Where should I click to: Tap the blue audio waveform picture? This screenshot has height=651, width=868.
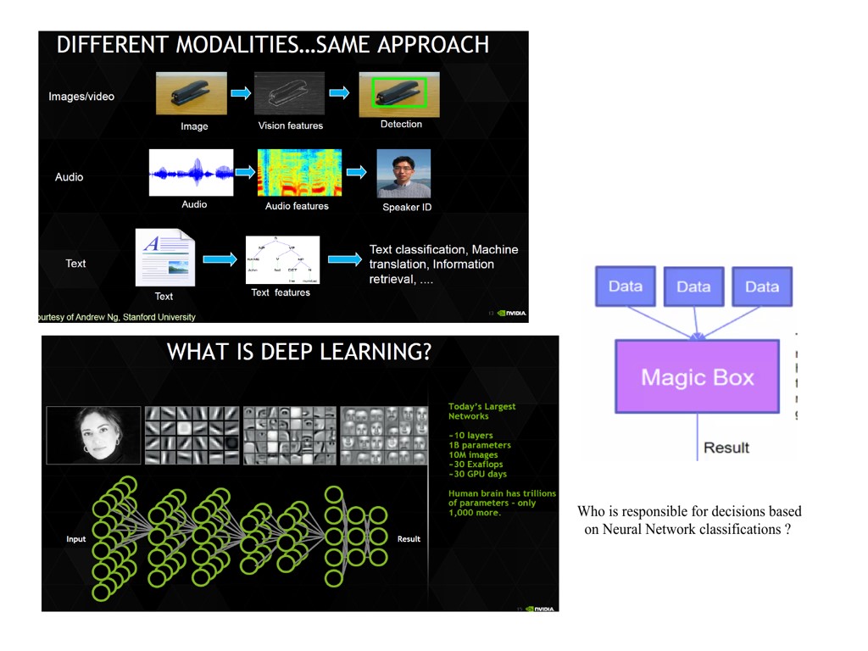(x=192, y=173)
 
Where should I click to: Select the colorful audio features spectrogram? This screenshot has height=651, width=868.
(x=299, y=173)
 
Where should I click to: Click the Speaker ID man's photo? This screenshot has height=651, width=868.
(x=403, y=174)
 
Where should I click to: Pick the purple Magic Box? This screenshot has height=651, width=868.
(x=697, y=376)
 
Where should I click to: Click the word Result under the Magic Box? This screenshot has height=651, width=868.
(x=726, y=448)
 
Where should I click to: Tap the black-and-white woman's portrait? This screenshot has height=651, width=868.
(x=93, y=435)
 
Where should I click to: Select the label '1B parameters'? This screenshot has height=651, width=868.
(x=480, y=445)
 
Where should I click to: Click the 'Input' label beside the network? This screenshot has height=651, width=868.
(x=76, y=539)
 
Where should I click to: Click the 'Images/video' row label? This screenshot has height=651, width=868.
(x=81, y=97)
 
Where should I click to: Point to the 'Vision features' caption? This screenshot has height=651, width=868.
(x=291, y=125)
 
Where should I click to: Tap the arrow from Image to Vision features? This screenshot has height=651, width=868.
(x=241, y=93)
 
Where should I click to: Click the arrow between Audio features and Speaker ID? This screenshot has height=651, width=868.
(x=357, y=172)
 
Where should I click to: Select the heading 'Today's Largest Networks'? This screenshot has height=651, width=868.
(x=481, y=411)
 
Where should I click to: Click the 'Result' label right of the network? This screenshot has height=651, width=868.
(x=409, y=539)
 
